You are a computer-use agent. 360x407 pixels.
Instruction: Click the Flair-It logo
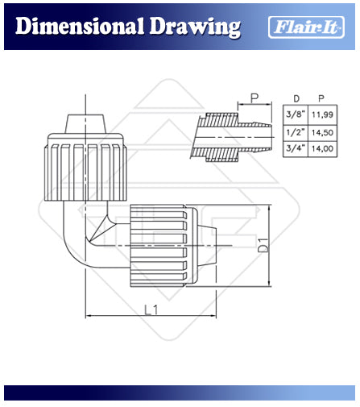click(x=306, y=27)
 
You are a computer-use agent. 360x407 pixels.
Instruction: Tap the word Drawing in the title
click(x=195, y=27)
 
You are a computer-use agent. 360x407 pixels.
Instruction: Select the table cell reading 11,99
click(x=322, y=114)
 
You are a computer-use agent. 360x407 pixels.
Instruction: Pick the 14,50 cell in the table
click(x=322, y=132)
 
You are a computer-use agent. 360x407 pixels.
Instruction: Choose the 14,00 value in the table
click(x=322, y=148)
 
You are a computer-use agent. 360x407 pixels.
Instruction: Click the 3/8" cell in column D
click(x=296, y=114)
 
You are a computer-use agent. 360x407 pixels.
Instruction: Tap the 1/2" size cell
click(x=296, y=132)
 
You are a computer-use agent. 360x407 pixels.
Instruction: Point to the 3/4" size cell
click(x=296, y=148)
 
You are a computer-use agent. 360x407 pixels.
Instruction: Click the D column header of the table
click(x=296, y=99)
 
